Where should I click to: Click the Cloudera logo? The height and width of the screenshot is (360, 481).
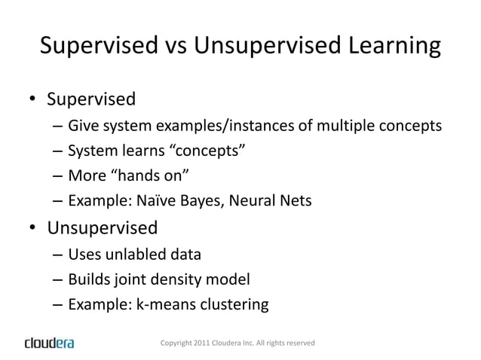click(x=50, y=343)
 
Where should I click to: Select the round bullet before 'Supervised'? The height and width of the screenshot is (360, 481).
click(x=33, y=99)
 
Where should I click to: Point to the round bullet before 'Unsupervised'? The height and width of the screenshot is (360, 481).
click(x=33, y=227)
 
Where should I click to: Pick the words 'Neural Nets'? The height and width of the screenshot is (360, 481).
click(x=268, y=202)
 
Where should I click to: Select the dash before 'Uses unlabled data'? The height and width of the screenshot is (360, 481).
click(x=57, y=255)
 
